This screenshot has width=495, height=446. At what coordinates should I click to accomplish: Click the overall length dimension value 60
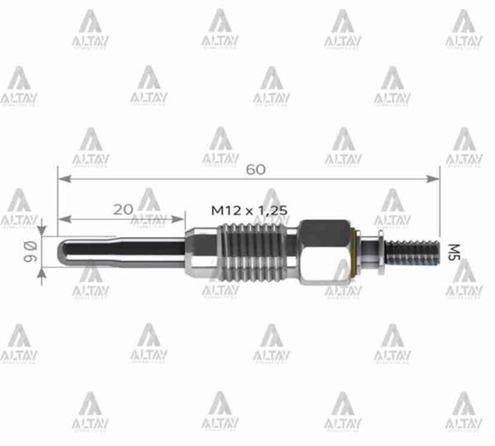pos(255,169)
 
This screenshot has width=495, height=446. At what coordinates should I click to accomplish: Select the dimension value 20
pos(123,210)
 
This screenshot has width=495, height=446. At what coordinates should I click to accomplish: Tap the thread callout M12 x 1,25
pos(249,211)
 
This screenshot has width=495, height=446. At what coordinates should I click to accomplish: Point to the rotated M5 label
pos(453,250)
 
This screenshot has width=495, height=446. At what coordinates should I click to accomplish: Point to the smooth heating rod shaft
pos(124,251)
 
